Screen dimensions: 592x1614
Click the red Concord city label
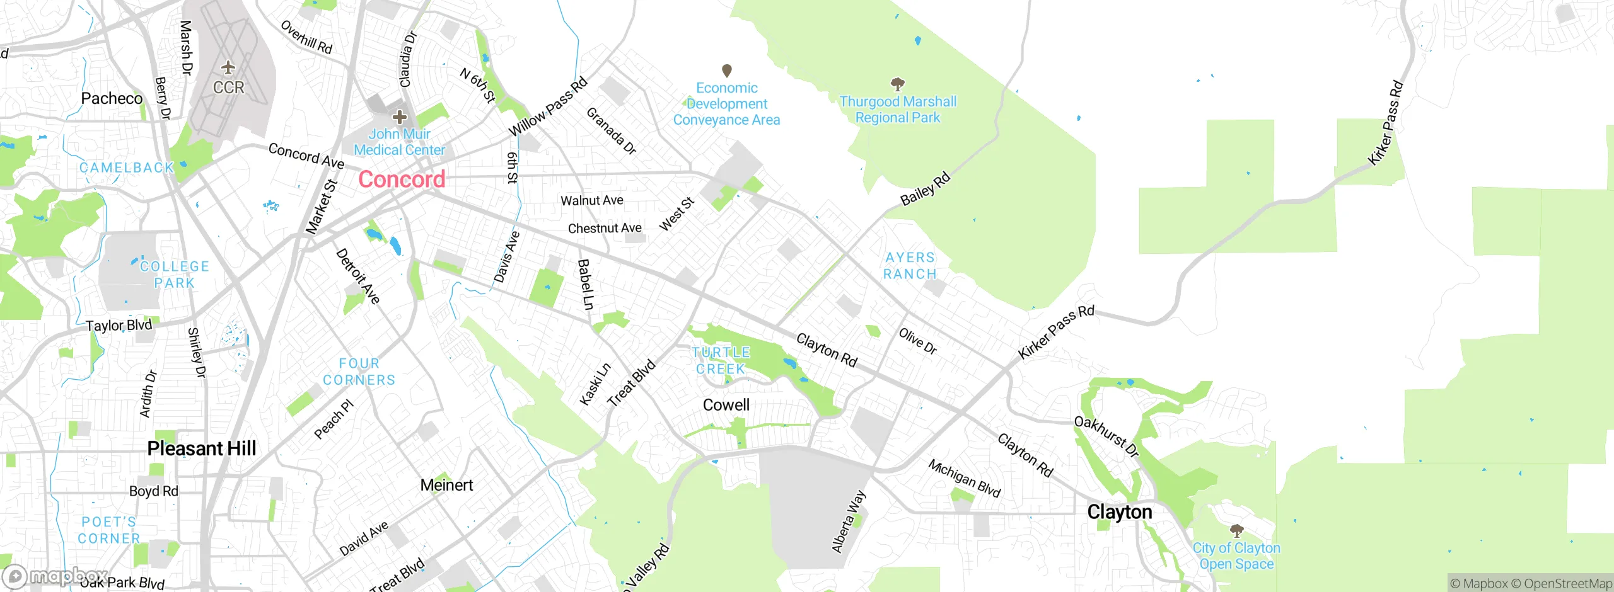pyautogui.click(x=402, y=179)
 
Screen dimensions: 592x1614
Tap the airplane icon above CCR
pyautogui.click(x=228, y=67)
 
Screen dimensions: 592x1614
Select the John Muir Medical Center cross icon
pyautogui.click(x=399, y=117)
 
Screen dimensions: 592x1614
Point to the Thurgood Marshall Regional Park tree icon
pyautogui.click(x=898, y=84)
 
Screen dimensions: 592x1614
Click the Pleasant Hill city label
pyautogui.click(x=201, y=448)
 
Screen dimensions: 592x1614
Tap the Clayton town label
pyautogui.click(x=1119, y=512)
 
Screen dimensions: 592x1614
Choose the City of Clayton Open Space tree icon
pyautogui.click(x=1236, y=530)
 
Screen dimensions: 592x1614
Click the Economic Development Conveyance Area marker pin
pyautogui.click(x=726, y=70)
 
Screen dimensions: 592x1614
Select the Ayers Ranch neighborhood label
pyautogui.click(x=910, y=266)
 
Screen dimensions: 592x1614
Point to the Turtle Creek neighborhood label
pyautogui.click(x=721, y=361)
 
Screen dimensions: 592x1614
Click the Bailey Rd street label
pyautogui.click(x=925, y=189)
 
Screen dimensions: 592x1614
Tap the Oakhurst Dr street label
pyautogui.click(x=1106, y=436)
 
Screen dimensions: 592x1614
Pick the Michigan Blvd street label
pyautogui.click(x=964, y=479)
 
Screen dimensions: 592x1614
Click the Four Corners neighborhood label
pyautogui.click(x=359, y=372)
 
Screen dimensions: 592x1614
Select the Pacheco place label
pyautogui.click(x=112, y=98)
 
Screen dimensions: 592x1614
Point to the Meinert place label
pyautogui.click(x=446, y=485)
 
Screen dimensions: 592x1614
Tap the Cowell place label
pyautogui.click(x=726, y=405)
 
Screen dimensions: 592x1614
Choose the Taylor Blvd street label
pyautogui.click(x=119, y=326)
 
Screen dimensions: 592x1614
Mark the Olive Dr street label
pyautogui.click(x=917, y=341)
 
